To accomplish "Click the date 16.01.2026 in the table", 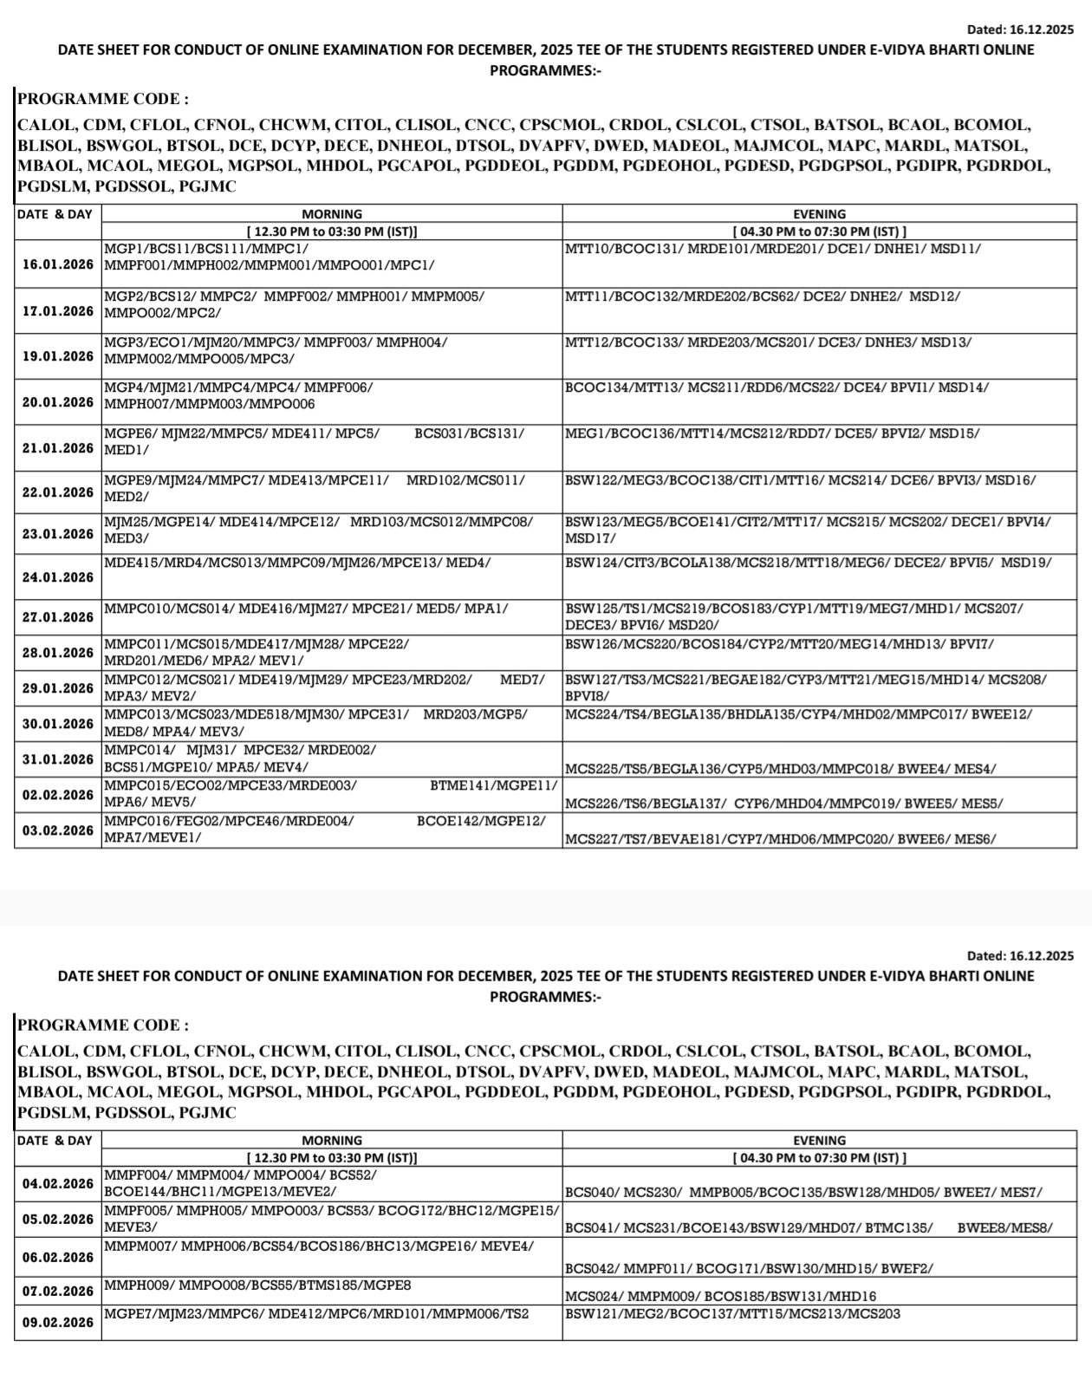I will pos(58,265).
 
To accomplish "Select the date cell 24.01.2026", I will pos(58,577).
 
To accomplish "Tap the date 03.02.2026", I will pos(58,830).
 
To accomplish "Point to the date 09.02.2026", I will pos(58,1323).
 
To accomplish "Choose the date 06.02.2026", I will pos(58,1258).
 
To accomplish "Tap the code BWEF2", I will pos(907,1269).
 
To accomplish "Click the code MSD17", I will pos(587,538).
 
